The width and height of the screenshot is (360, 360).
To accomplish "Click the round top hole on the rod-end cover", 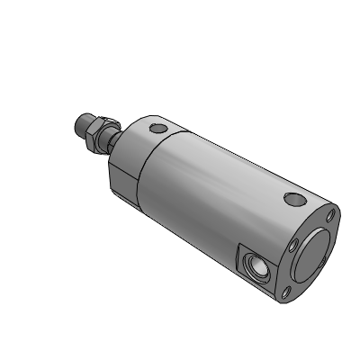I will click(160, 129).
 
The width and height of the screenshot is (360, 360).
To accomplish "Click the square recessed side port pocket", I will click(255, 267).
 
